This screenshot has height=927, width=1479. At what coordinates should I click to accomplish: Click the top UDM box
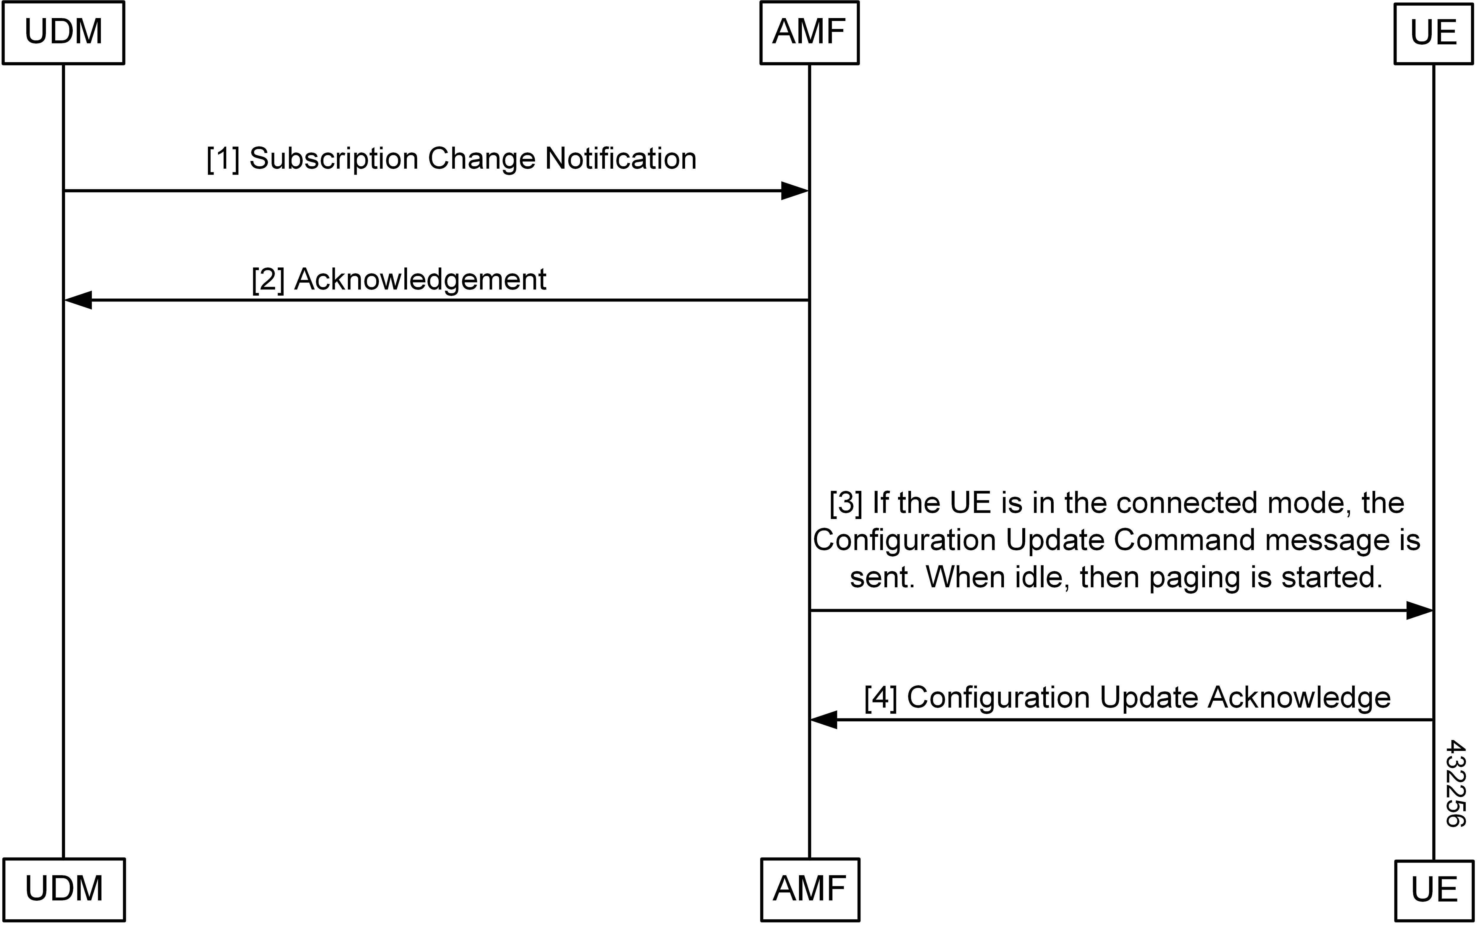(63, 33)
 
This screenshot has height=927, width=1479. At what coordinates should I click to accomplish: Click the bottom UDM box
(64, 889)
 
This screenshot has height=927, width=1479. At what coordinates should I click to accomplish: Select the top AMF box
(809, 33)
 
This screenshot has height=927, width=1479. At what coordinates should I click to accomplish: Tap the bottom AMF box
(810, 889)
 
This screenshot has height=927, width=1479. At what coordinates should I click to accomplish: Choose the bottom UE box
(1434, 890)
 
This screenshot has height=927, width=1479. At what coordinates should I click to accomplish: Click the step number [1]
(223, 159)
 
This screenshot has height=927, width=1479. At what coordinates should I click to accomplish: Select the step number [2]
(268, 280)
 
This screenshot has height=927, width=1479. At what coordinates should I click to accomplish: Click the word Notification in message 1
(620, 159)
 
